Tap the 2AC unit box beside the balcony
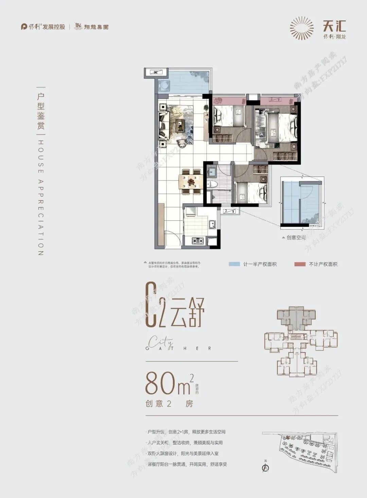pos(156,72)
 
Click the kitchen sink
pos(212,224)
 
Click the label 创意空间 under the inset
pos(296,238)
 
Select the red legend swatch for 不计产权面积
pos(300,264)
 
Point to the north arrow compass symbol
pos(265,467)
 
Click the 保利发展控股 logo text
pos(43,27)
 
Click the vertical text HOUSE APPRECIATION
pos(40,197)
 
